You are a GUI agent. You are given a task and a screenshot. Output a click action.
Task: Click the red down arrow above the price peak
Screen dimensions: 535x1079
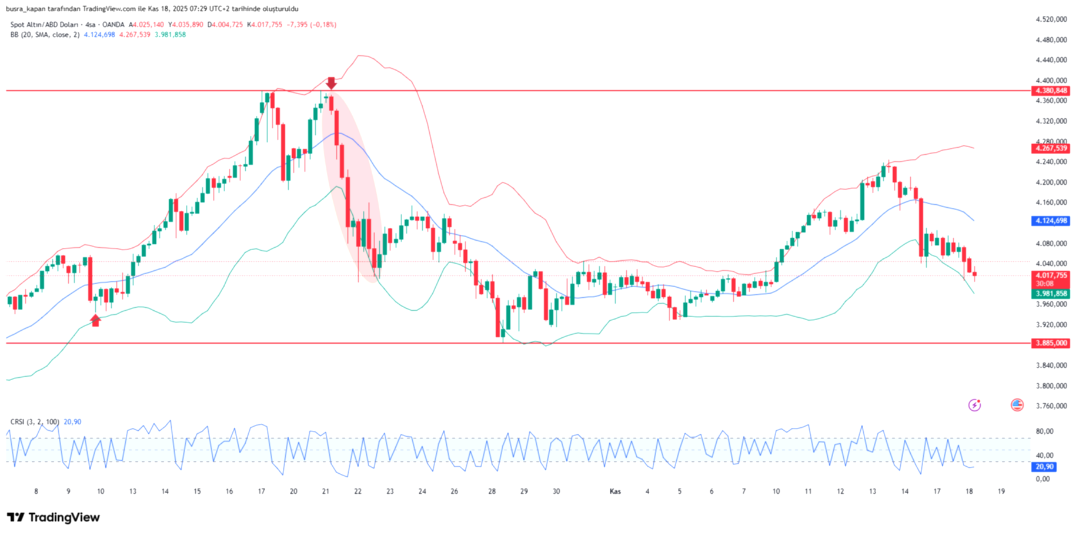tap(331, 83)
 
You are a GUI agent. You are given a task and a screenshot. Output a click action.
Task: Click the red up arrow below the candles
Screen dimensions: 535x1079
tap(95, 320)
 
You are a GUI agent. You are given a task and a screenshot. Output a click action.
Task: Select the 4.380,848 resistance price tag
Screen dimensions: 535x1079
tap(1051, 91)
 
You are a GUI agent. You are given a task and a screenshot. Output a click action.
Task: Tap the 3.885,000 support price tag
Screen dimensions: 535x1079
tap(1051, 343)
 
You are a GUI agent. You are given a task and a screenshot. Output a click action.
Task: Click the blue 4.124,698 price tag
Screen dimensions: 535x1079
tap(1051, 221)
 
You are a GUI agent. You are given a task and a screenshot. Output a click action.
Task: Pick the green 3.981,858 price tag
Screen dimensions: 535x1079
tap(1051, 294)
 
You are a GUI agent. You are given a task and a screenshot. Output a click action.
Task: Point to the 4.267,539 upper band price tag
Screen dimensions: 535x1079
tap(1051, 148)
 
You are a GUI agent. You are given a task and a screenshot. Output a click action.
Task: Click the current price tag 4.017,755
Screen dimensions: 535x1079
tap(1051, 275)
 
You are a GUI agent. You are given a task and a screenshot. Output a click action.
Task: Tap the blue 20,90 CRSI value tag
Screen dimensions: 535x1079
tap(1044, 467)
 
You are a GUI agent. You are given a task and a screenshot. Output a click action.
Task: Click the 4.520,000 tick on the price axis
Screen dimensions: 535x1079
tap(1051, 19)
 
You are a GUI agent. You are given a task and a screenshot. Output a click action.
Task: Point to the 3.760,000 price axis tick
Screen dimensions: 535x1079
tap(1051, 406)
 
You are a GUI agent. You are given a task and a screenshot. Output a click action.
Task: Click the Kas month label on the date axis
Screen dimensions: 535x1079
tap(615, 491)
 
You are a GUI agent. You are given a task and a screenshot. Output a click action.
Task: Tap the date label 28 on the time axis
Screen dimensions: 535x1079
tap(492, 491)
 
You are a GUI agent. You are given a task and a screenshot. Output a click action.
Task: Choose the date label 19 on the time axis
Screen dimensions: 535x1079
tap(1001, 491)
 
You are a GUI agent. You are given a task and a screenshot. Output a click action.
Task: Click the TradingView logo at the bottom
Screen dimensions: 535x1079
tap(54, 517)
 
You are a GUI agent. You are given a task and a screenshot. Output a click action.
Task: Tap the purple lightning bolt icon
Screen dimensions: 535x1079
tap(974, 405)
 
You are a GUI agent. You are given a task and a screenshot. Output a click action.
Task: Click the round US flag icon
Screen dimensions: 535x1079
tap(1017, 405)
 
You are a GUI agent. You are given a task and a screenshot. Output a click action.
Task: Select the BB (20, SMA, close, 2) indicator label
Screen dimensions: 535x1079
tap(45, 35)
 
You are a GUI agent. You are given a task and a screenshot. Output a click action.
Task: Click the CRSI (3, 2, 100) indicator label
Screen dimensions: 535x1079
tap(35, 422)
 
